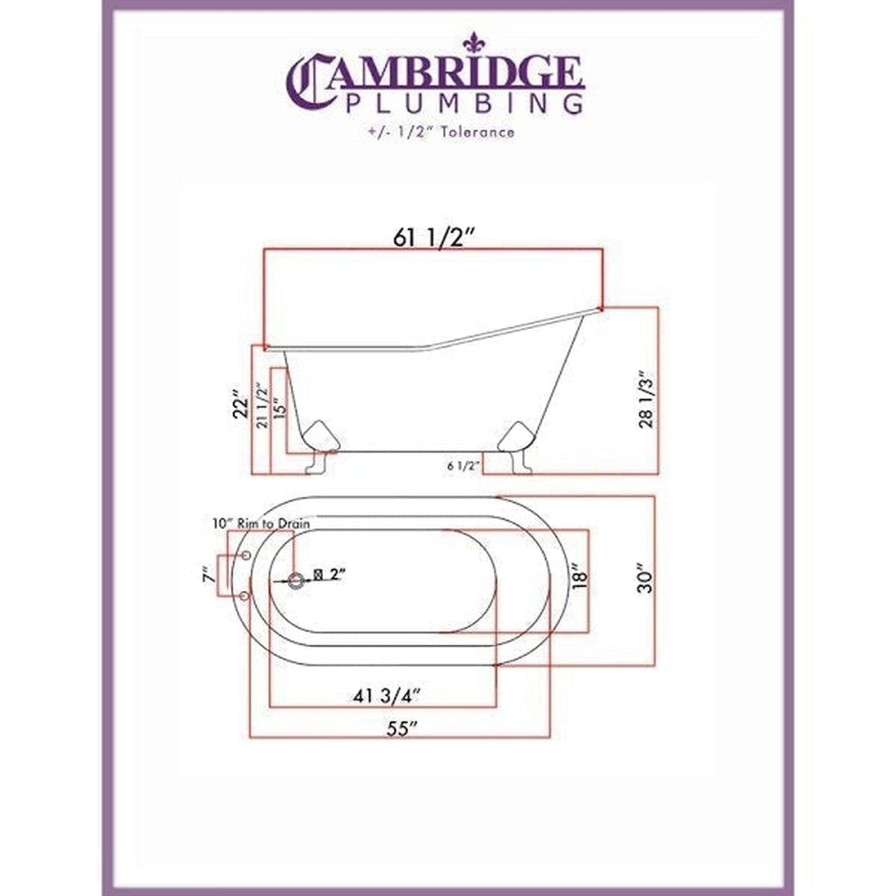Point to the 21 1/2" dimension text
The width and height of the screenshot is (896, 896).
coord(263,407)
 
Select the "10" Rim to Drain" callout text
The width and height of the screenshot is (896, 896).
coord(260,523)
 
